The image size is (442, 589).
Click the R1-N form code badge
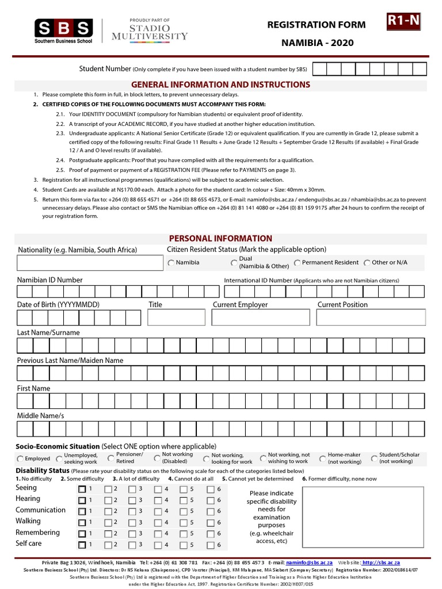pyautogui.click(x=403, y=22)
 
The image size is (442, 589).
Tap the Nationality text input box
pyautogui.click(x=90, y=263)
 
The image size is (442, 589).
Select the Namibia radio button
pyautogui.click(x=172, y=263)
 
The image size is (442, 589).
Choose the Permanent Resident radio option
pyautogui.click(x=297, y=263)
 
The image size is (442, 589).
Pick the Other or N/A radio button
pyautogui.click(x=367, y=263)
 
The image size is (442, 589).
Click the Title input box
pyautogui.click(x=176, y=318)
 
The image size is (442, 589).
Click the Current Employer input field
pyautogui.click(x=260, y=318)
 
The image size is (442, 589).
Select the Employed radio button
pyautogui.click(x=21, y=459)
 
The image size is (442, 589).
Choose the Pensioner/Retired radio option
pyautogui.click(x=111, y=458)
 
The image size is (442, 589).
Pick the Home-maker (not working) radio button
pyautogui.click(x=322, y=458)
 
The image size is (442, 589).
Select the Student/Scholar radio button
pyautogui.click(x=374, y=458)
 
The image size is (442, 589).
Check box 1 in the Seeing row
pyautogui.click(x=82, y=489)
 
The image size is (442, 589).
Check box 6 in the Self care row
pyautogui.click(x=211, y=544)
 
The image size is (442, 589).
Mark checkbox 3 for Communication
pyautogui.click(x=132, y=511)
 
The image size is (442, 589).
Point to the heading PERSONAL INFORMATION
pyautogui.click(x=220, y=238)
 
